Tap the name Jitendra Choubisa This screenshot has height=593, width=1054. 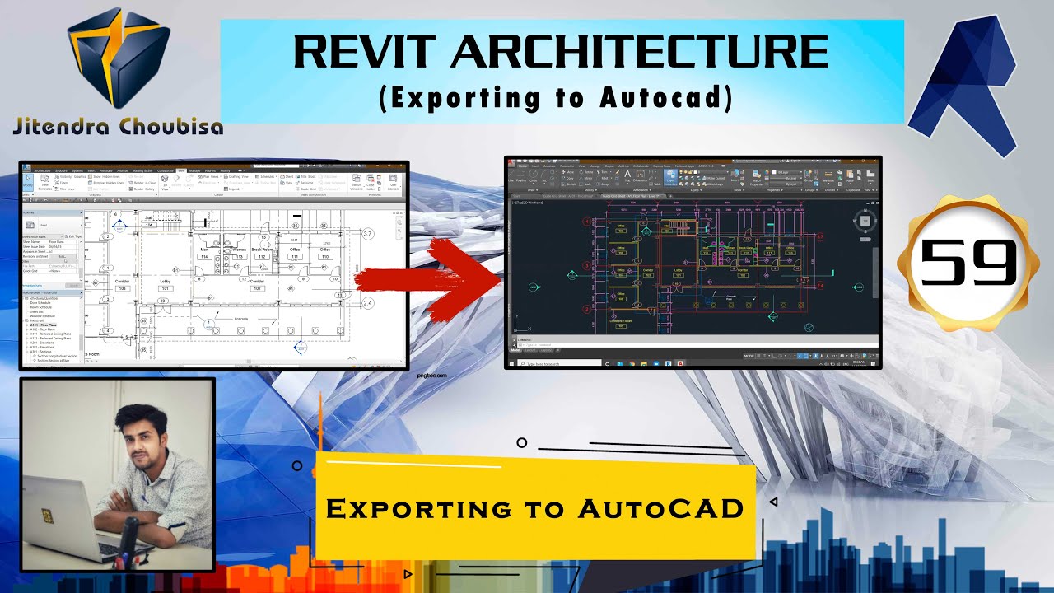pyautogui.click(x=118, y=126)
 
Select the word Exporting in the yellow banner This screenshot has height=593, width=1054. pyautogui.click(x=418, y=508)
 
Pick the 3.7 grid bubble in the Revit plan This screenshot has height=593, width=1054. pyautogui.click(x=368, y=235)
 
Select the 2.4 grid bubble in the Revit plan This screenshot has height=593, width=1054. pyautogui.click(x=367, y=303)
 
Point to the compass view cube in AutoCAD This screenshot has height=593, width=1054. pyautogui.click(x=864, y=220)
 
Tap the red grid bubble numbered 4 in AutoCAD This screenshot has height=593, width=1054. pyautogui.click(x=587, y=222)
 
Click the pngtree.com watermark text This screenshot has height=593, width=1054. pyautogui.click(x=431, y=375)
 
